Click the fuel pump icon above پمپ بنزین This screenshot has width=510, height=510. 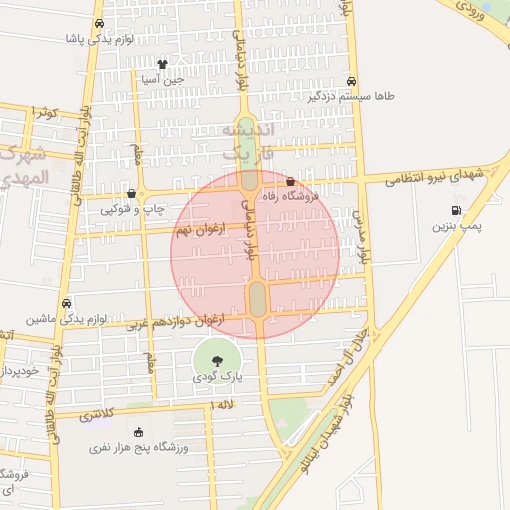[x=456, y=210]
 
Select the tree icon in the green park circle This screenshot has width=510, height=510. [x=217, y=361]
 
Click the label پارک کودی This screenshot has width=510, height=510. [x=217, y=379]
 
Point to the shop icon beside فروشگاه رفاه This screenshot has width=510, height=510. [x=290, y=182]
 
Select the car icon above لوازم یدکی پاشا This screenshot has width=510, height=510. [x=98, y=24]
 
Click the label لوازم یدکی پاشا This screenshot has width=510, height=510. [x=98, y=40]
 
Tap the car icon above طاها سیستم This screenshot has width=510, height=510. [x=351, y=81]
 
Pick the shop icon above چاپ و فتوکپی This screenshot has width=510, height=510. [x=132, y=192]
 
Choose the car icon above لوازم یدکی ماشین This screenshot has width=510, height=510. [x=66, y=302]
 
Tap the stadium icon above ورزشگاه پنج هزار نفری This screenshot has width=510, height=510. [x=138, y=432]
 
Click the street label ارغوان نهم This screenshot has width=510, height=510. [x=200, y=230]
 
